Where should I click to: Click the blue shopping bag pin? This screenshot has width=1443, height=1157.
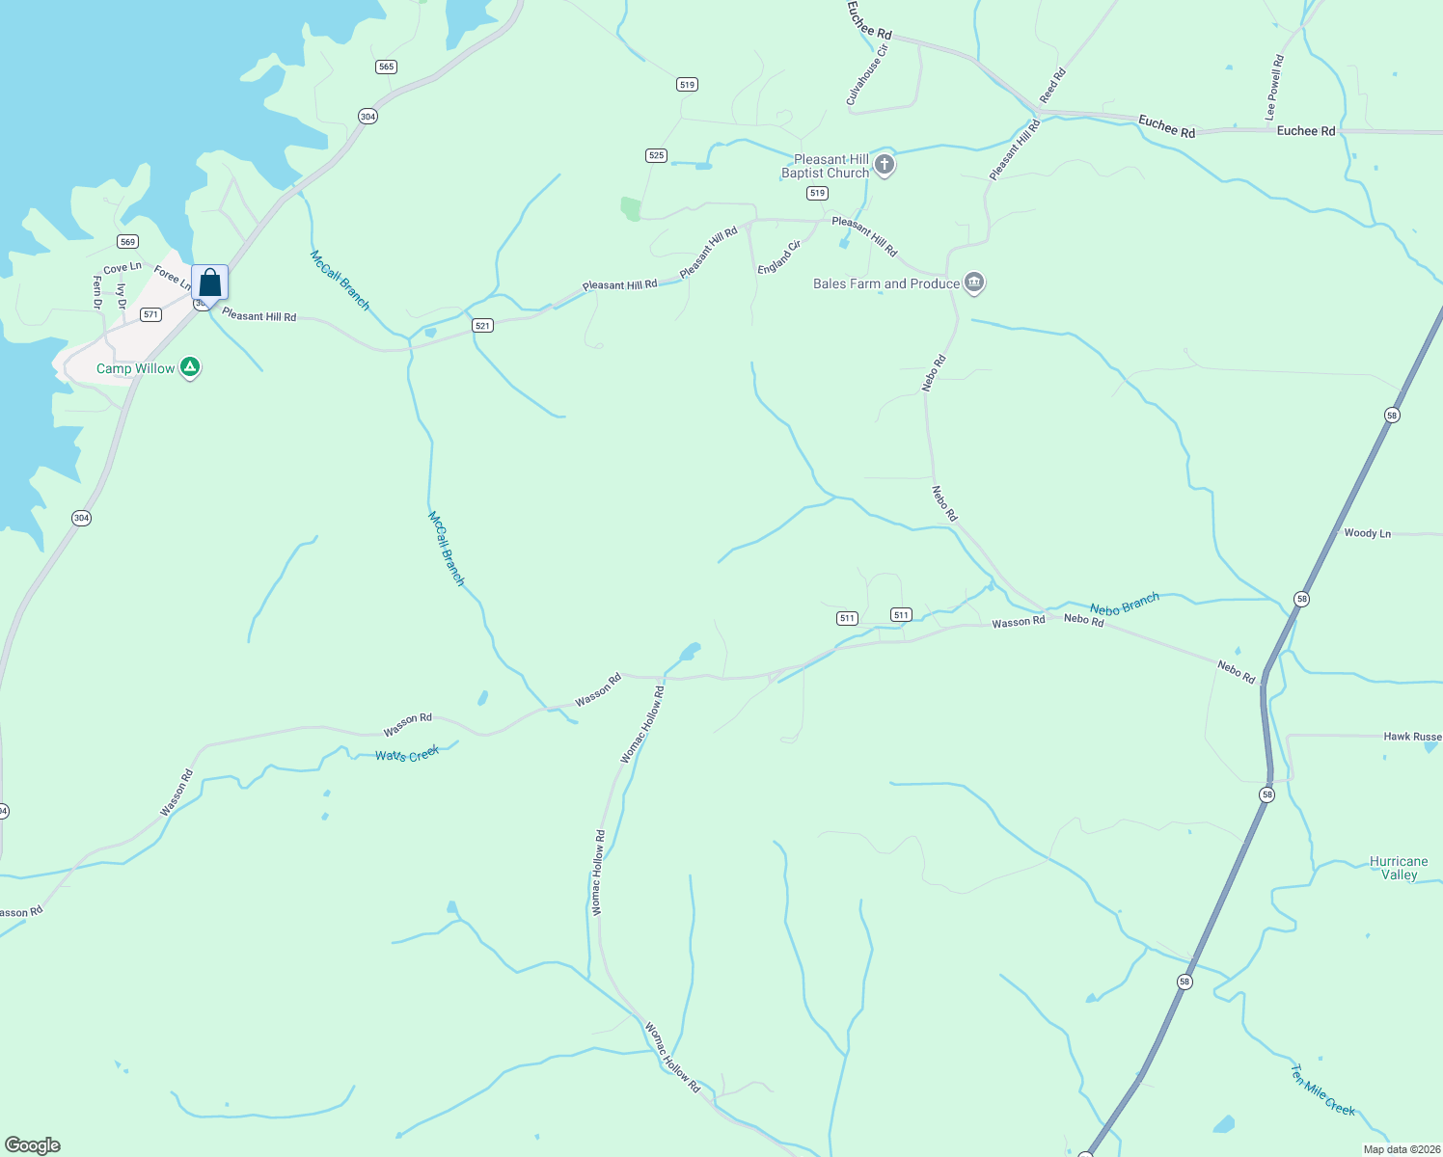(209, 283)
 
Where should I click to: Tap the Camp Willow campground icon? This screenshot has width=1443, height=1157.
(191, 367)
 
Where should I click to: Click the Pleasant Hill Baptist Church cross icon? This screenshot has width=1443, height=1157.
(884, 165)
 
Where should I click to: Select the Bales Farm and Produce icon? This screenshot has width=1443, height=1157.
(974, 283)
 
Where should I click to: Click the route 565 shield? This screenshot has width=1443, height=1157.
(386, 67)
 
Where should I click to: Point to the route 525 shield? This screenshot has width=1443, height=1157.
(656, 155)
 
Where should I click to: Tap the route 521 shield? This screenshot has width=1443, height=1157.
(483, 326)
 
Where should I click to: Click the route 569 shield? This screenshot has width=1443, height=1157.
(127, 241)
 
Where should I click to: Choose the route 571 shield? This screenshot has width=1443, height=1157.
(150, 314)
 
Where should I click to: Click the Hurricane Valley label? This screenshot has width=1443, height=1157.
(1399, 868)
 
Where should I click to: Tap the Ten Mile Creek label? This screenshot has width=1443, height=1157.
(1323, 1090)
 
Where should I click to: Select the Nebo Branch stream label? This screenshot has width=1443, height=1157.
(1125, 605)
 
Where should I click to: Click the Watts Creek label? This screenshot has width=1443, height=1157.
(407, 754)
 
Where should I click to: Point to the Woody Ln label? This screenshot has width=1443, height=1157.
(1367, 533)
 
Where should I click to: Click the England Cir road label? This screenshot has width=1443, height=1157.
(779, 257)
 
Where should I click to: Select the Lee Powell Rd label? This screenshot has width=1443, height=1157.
(1274, 88)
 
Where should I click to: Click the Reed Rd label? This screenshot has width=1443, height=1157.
(1052, 86)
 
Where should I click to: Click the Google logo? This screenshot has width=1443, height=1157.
(33, 1145)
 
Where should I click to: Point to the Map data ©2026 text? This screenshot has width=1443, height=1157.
(1400, 1149)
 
